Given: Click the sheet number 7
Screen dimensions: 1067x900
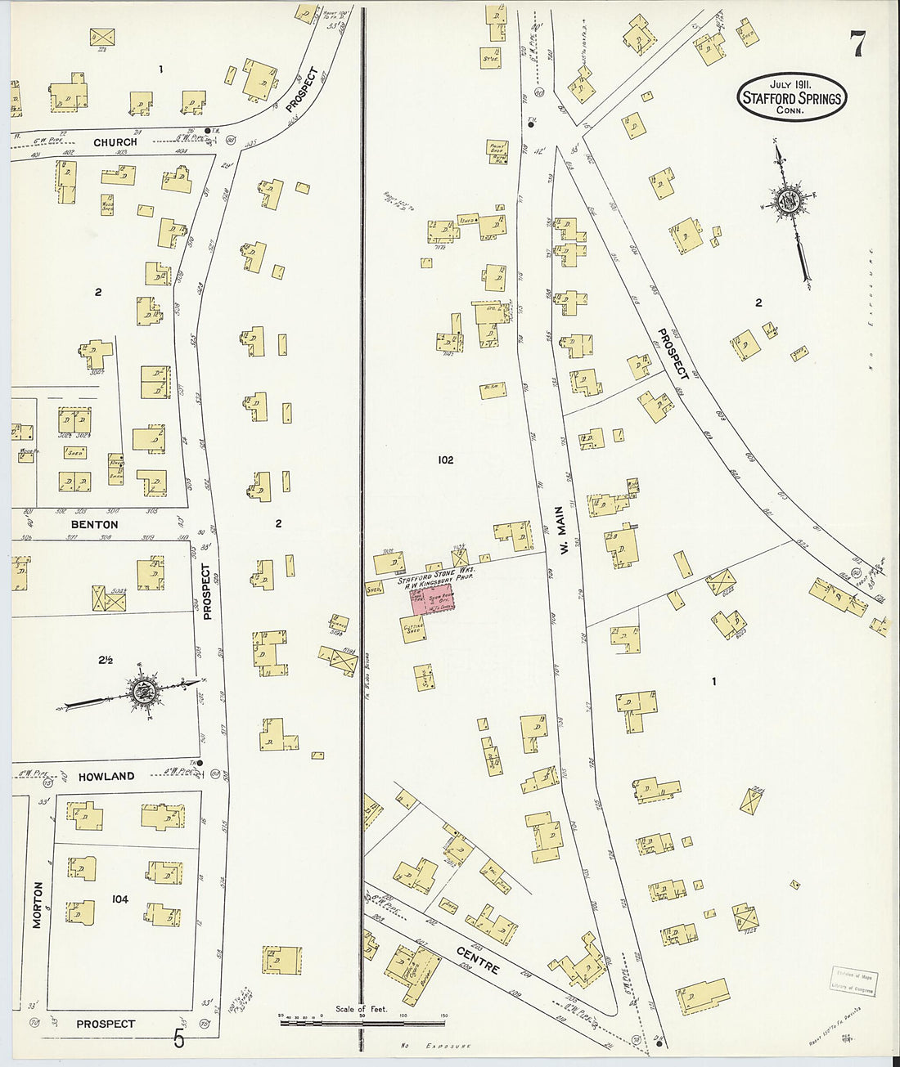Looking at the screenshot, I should (x=857, y=43).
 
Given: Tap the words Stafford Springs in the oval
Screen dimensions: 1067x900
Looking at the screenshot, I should (x=791, y=99).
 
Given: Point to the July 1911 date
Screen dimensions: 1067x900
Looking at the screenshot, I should (x=790, y=84).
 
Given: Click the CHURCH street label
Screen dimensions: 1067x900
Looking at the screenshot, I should (x=115, y=142).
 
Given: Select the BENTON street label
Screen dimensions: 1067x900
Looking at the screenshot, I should (x=94, y=524).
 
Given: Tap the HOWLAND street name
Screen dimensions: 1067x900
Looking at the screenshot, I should (x=106, y=776).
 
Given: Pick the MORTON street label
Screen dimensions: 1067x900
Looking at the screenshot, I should (x=37, y=904).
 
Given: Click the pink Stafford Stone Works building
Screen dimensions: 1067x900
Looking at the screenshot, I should (x=433, y=600).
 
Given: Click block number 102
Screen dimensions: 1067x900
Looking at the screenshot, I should (x=444, y=460).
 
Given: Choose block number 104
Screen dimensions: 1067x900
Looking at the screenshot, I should (x=119, y=899).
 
